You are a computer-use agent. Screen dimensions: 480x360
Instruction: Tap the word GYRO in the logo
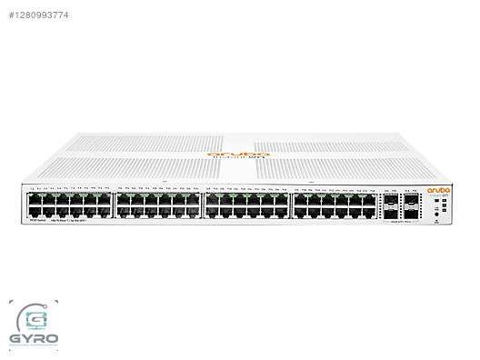[x=34, y=341]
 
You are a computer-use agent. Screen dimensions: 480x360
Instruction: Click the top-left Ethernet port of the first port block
[x=35, y=196]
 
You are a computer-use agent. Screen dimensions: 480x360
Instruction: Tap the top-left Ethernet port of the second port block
[x=123, y=196]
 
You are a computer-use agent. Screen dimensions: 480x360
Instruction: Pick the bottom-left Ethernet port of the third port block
[x=211, y=210]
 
